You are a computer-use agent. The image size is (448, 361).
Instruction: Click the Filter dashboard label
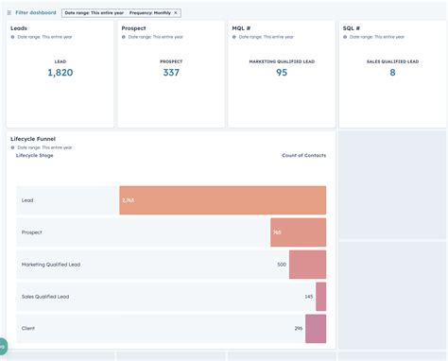tap(35, 12)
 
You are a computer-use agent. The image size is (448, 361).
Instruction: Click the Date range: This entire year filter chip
tap(93, 12)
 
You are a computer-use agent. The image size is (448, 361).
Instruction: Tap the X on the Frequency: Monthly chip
tap(175, 12)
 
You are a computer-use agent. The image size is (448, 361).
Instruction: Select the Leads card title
tap(19, 28)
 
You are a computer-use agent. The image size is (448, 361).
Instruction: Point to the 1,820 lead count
tap(60, 73)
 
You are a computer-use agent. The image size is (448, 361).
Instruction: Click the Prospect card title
tap(133, 28)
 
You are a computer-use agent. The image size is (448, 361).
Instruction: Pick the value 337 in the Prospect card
tap(171, 73)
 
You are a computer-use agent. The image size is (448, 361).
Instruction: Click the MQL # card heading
tap(242, 28)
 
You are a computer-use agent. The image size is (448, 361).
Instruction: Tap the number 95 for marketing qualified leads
tap(282, 73)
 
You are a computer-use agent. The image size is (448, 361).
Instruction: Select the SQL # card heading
tap(352, 28)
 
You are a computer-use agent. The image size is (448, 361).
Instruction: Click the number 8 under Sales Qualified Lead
tap(392, 73)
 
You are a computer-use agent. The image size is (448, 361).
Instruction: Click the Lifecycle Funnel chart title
tap(33, 139)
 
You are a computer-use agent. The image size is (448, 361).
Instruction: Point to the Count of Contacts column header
tap(303, 155)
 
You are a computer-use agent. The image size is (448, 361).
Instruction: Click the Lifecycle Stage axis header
tap(35, 155)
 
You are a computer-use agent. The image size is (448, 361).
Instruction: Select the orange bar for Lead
tap(223, 200)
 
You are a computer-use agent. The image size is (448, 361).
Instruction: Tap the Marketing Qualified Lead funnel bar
tap(307, 265)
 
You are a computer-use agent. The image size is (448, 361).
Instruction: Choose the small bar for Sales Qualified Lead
tap(320, 297)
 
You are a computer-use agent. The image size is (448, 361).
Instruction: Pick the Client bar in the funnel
tap(316, 329)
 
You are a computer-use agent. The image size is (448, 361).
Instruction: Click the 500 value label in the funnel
tap(282, 265)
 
